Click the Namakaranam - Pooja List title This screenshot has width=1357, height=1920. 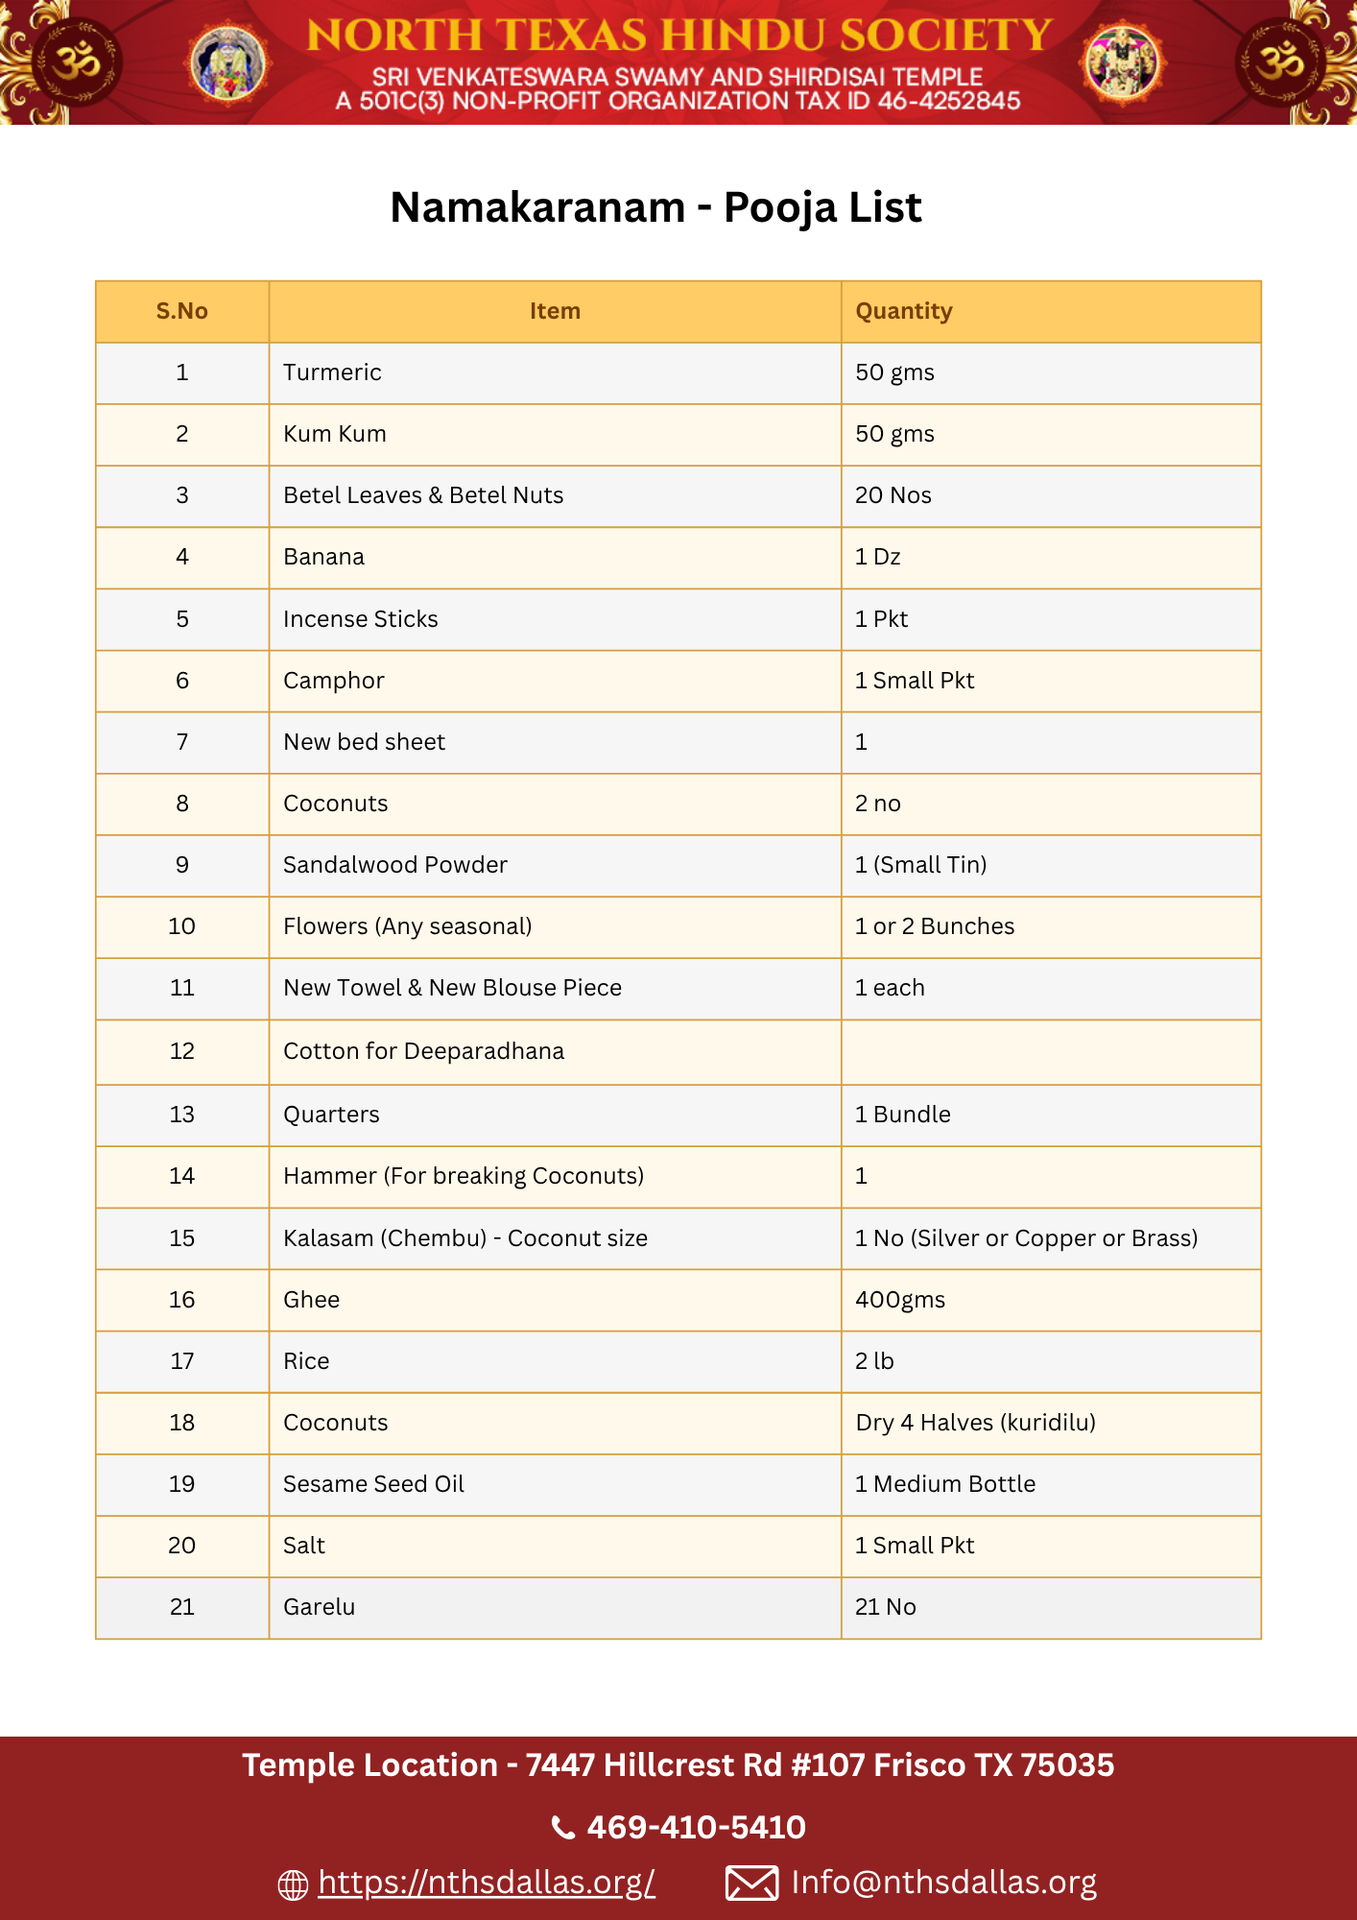pyautogui.click(x=655, y=207)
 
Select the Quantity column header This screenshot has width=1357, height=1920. pyautogui.click(x=903, y=311)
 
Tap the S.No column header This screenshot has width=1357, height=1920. pyautogui.click(x=181, y=311)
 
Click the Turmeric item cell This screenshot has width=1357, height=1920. pyautogui.click(x=332, y=372)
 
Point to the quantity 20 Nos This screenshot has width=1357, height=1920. pyautogui.click(x=893, y=495)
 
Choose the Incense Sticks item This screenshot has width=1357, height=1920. pyautogui.click(x=360, y=619)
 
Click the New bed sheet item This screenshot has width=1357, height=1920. pyautogui.click(x=364, y=742)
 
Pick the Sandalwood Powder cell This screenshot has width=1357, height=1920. pyautogui.click(x=394, y=865)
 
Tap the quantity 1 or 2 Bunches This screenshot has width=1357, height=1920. pyautogui.click(x=934, y=926)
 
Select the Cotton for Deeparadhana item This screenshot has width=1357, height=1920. pyautogui.click(x=423, y=1051)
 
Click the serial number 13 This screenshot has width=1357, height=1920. pyautogui.click(x=181, y=1115)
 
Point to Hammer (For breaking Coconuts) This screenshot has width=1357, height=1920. pyautogui.click(x=463, y=1176)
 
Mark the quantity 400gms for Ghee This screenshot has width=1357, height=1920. pyautogui.click(x=899, y=1300)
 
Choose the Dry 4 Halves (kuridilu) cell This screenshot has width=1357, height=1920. pyautogui.click(x=975, y=1423)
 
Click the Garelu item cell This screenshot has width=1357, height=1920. pyautogui.click(x=319, y=1607)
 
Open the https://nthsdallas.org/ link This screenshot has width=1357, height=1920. pyautogui.click(x=487, y=1883)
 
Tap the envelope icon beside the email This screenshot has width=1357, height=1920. pyautogui.click(x=751, y=1883)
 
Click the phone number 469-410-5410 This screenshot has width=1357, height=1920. pyautogui.click(x=696, y=1827)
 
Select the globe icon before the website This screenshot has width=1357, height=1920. pyautogui.click(x=293, y=1884)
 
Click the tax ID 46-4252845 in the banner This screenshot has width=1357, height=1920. pyautogui.click(x=948, y=102)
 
